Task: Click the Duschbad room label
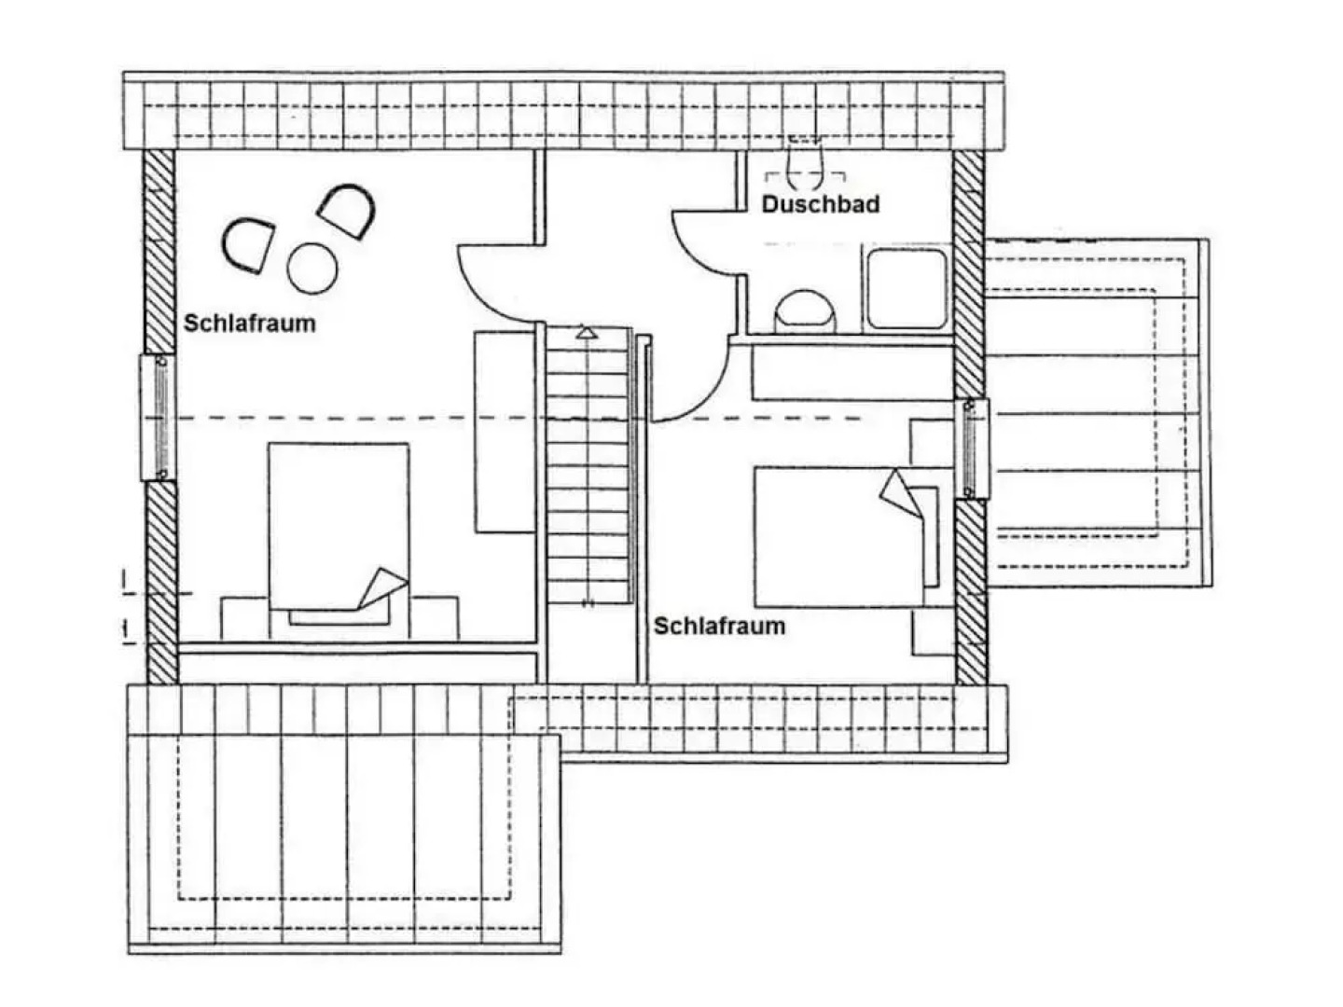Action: pos(820,204)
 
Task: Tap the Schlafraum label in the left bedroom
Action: pos(250,324)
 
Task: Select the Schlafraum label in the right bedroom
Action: pos(719,626)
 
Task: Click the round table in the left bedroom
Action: pos(312,269)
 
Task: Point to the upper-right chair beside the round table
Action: pos(346,211)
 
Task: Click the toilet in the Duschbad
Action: pos(804,310)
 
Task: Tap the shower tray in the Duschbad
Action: pos(907,289)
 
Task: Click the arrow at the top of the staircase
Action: pos(586,333)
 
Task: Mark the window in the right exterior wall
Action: pos(971,448)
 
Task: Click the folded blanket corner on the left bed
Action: pos(382,588)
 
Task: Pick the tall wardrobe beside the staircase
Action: pos(506,432)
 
